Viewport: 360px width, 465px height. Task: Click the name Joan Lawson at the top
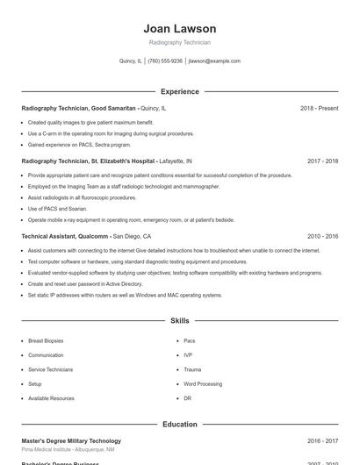coord(179,29)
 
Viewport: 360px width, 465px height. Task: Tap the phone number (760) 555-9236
coord(165,61)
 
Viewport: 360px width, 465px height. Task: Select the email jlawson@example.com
coord(214,61)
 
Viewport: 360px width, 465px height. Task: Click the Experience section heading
coord(179,91)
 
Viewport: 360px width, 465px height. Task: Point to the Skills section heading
coord(179,321)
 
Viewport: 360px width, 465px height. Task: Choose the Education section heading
coord(179,425)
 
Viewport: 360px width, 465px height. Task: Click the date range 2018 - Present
coord(319,108)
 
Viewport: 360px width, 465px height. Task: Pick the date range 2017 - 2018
coord(322,161)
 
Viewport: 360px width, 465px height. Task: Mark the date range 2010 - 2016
coord(322,236)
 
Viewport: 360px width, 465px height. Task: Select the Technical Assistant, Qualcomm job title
coord(65,236)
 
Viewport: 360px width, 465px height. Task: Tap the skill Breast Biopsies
coord(46,340)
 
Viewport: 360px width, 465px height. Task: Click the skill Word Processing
coord(203,383)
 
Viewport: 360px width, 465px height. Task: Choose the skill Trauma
coord(192,369)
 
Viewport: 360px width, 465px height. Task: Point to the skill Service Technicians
coord(50,369)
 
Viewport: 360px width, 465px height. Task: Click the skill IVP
coord(188,354)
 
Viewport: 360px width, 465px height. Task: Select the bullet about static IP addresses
coord(125,295)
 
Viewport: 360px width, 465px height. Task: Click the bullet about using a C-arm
coord(111,133)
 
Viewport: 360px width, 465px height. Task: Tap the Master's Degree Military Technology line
coord(71,440)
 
